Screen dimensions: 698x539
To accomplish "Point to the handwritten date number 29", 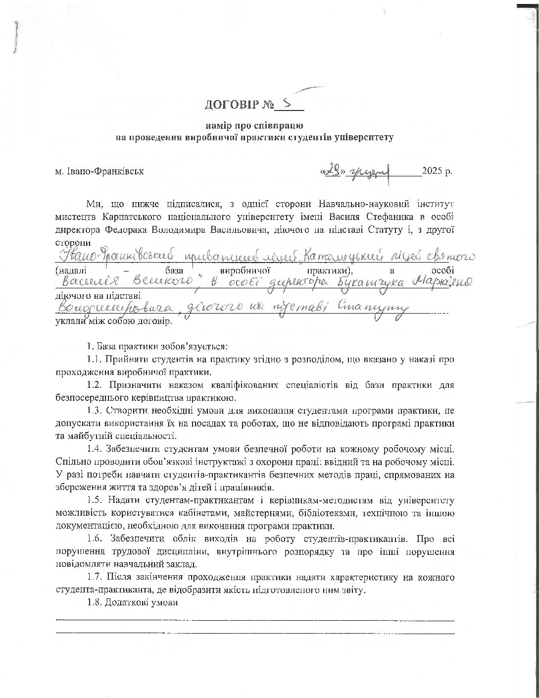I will [x=333, y=170].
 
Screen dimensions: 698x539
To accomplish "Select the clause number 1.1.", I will [x=95, y=359].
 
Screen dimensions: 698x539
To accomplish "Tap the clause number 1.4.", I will [x=95, y=449].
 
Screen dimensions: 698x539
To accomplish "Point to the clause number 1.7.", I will [x=95, y=578].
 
